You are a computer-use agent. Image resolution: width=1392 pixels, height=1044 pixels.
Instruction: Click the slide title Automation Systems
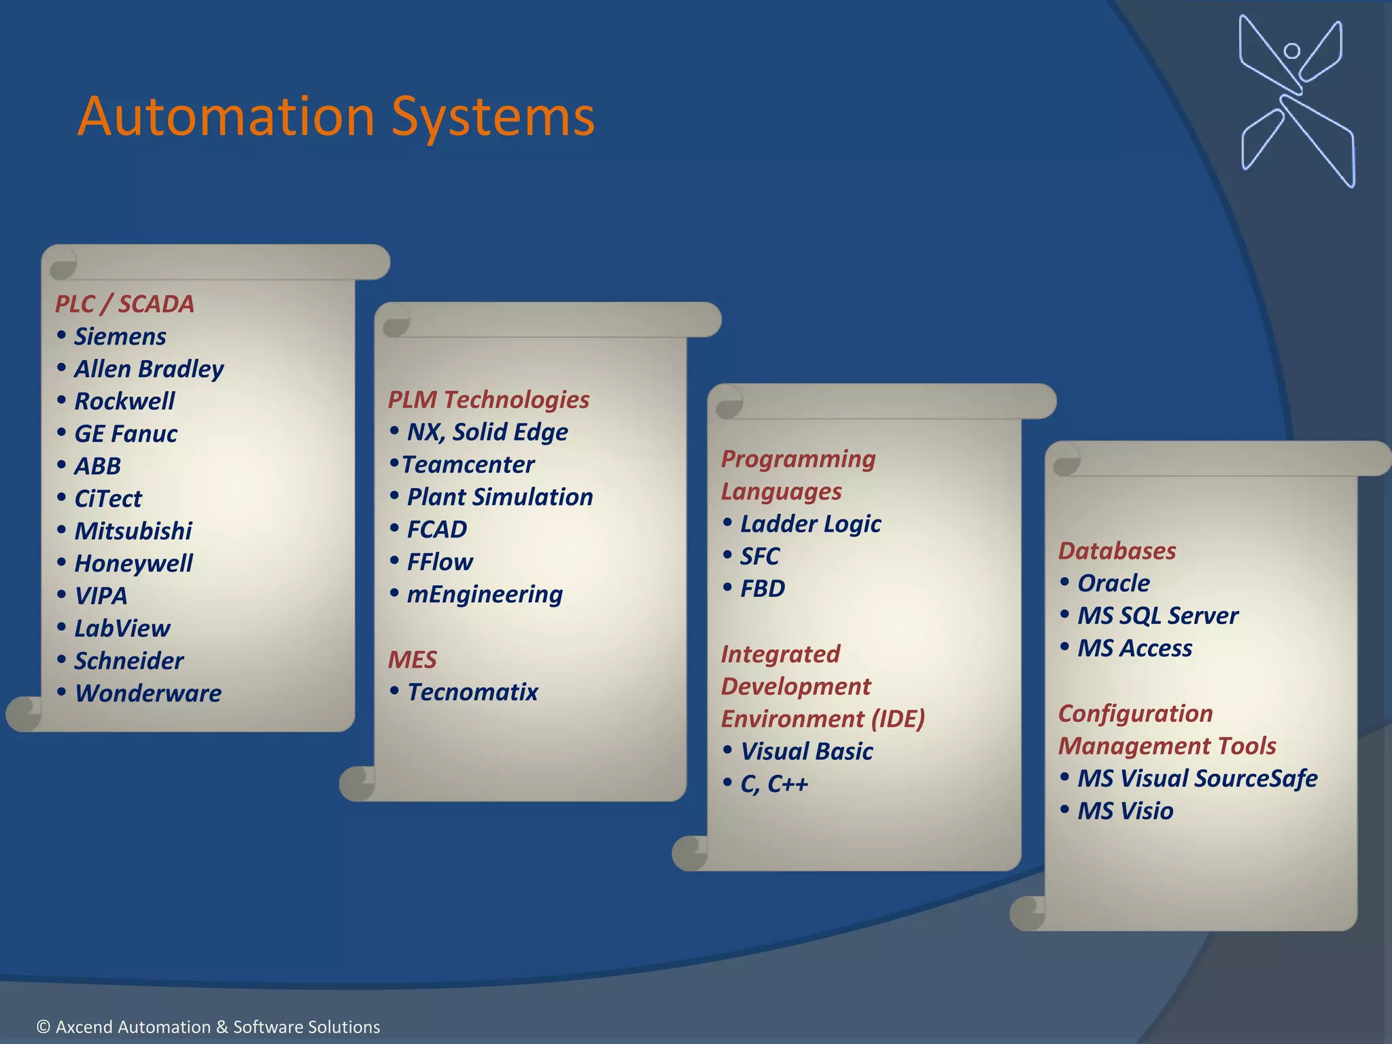(x=336, y=117)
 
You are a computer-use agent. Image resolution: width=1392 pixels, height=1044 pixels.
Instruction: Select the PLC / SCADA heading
(x=124, y=304)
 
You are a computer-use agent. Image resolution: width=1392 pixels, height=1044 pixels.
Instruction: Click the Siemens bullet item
(x=120, y=336)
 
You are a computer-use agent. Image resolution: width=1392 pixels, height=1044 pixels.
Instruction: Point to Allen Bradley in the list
(x=148, y=369)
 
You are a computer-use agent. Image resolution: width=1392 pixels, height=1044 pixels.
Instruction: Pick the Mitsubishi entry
(x=133, y=531)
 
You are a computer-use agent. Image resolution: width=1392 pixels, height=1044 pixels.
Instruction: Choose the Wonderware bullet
(x=147, y=693)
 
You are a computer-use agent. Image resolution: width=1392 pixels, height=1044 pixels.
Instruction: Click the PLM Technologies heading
(x=488, y=400)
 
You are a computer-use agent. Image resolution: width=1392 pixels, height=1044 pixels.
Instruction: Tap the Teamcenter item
(x=468, y=465)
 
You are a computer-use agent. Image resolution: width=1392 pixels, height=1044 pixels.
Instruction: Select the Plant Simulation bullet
(x=500, y=497)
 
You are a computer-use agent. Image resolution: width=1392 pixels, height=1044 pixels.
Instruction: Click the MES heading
(x=412, y=659)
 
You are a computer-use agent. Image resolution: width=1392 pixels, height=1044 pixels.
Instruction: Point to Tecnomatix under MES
(x=472, y=692)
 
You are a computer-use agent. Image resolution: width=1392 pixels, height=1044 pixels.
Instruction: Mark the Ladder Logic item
(x=810, y=524)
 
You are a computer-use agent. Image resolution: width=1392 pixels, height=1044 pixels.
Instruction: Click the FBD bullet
(x=762, y=589)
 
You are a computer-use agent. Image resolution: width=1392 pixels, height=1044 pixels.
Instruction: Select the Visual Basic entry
(x=806, y=751)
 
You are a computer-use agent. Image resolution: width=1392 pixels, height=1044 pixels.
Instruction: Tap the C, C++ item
(x=773, y=784)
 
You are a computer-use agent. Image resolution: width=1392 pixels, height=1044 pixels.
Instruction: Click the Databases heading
(x=1117, y=551)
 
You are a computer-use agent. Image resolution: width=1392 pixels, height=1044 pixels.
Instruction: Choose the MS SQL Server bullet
(x=1158, y=616)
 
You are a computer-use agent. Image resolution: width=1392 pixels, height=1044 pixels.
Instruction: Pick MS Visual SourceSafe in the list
(x=1197, y=778)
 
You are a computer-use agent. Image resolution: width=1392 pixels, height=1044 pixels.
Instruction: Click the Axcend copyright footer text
(x=208, y=1026)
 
